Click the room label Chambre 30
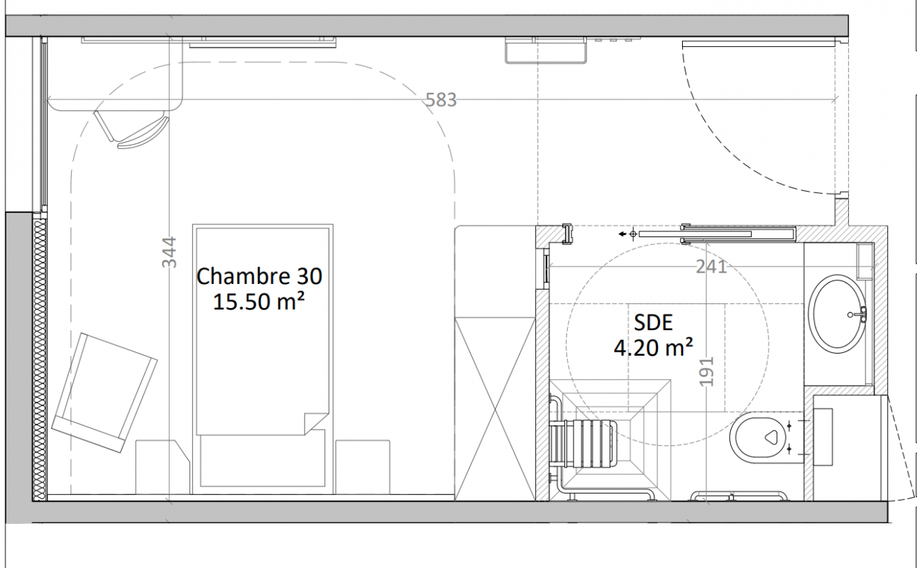tap(259, 276)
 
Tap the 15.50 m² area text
tap(259, 302)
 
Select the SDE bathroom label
tap(654, 323)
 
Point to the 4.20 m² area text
tap(654, 347)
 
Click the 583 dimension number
tap(441, 99)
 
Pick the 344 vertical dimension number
tap(169, 252)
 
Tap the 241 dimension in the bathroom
tap(711, 267)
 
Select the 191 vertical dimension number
tap(707, 372)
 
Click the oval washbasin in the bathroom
tap(838, 314)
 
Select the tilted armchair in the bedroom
tap(104, 393)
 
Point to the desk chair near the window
tap(132, 129)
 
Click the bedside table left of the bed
tap(163, 467)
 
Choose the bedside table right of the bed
tap(363, 467)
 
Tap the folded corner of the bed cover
tap(315, 423)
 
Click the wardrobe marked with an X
tap(495, 409)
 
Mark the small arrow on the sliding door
tap(622, 234)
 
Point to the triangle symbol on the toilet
tap(772, 437)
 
